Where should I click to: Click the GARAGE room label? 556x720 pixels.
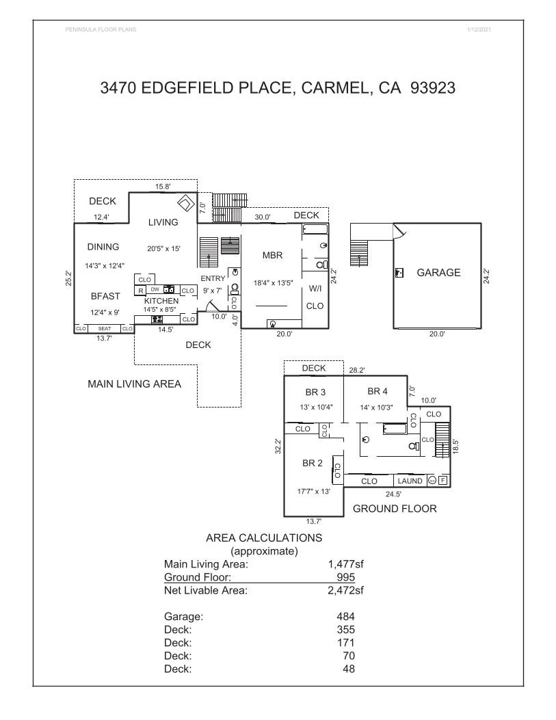point(438,272)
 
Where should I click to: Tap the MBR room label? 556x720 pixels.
point(273,255)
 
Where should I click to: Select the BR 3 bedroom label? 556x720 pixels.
point(317,392)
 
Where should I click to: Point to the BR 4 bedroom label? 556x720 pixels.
point(378,391)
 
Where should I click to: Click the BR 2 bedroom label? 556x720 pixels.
point(312,463)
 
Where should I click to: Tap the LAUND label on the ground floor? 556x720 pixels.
point(410,481)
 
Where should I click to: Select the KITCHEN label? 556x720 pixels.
point(161,301)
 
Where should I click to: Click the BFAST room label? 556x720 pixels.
point(105,296)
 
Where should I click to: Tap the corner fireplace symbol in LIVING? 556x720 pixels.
point(185,203)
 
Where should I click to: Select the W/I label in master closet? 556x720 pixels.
point(315,288)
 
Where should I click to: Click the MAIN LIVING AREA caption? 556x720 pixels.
point(134,384)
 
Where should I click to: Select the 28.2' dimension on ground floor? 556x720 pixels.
point(357,369)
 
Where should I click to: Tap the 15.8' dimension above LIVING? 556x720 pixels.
point(162,185)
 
